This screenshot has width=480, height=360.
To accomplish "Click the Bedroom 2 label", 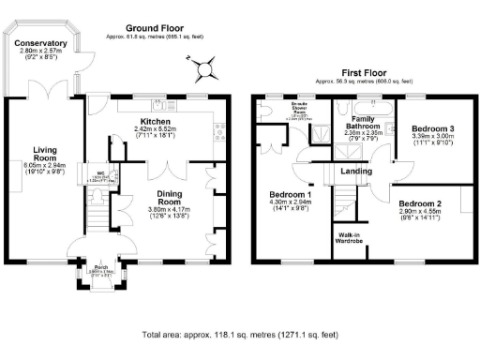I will (419, 203).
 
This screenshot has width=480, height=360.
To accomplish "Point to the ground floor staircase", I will (98, 222).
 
